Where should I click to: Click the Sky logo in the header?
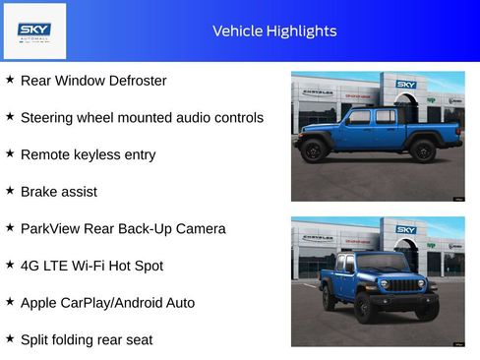point(34,30)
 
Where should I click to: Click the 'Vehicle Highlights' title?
point(274,30)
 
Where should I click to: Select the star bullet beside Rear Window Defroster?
point(10,80)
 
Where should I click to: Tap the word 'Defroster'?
point(134,81)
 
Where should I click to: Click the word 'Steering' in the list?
point(48,118)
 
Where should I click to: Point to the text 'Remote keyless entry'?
point(88,154)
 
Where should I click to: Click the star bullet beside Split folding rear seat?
point(10,338)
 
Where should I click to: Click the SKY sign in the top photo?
point(406,85)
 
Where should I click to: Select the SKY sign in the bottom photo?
point(406,229)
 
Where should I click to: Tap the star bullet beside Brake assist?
point(10,191)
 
